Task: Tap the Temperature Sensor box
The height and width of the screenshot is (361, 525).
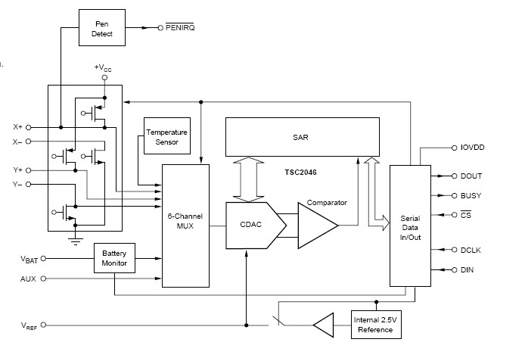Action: [x=166, y=137]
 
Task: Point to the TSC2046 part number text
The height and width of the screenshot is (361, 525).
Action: [x=301, y=173]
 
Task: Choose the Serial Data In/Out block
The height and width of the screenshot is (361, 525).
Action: [x=409, y=224]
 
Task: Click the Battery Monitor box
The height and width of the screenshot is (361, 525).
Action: [x=114, y=259]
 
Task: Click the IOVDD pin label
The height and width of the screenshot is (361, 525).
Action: [x=473, y=148]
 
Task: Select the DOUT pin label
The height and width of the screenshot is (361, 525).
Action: [x=471, y=176]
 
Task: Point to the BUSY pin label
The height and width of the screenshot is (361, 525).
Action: [x=471, y=196]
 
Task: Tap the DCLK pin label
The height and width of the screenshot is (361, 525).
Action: [x=471, y=250]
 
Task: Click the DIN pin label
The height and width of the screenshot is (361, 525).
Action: [x=467, y=269]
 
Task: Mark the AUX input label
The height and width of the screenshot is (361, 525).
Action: [x=28, y=279]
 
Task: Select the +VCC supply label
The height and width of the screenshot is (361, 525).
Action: [x=103, y=68]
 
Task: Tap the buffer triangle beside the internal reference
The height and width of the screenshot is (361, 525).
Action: [x=324, y=325]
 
